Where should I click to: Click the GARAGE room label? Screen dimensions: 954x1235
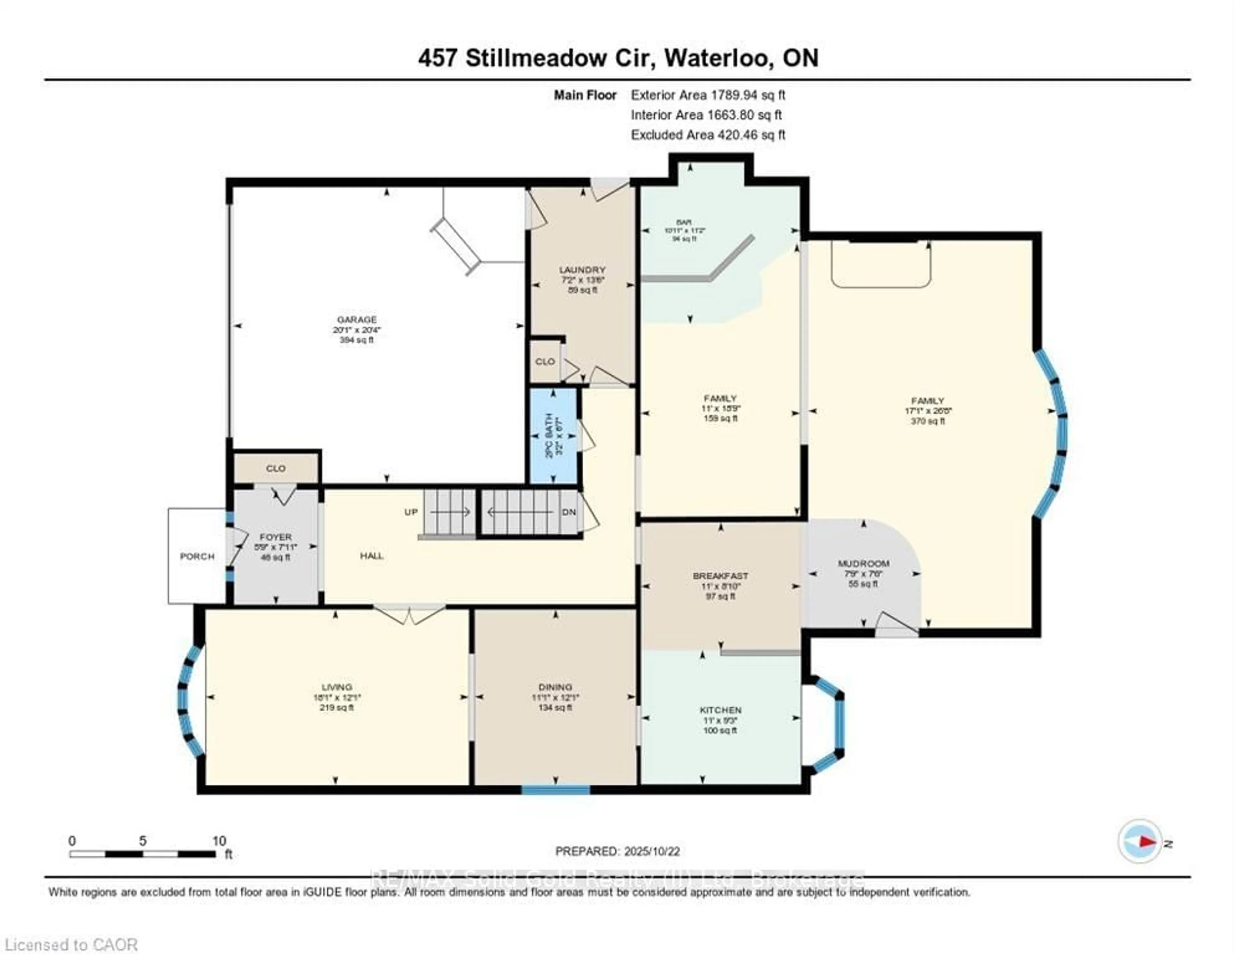[356, 320]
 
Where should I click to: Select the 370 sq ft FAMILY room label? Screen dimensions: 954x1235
[928, 400]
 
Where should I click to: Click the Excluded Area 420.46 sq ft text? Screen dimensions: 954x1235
[708, 135]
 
